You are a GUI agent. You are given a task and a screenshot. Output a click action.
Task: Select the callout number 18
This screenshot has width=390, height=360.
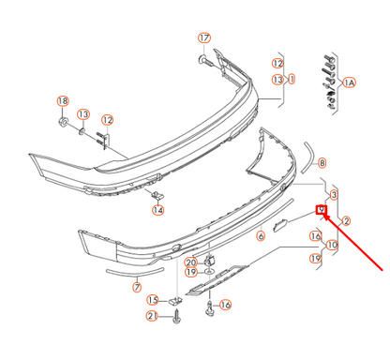[x=63, y=101]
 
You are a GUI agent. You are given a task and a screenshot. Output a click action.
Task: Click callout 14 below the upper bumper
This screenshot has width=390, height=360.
[x=157, y=210]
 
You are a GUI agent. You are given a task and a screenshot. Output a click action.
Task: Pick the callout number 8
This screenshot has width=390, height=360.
[x=321, y=162]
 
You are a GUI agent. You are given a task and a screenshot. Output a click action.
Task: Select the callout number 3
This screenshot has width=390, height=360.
[x=334, y=194]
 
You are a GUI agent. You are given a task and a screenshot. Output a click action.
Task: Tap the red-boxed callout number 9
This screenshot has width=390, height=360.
[x=320, y=209]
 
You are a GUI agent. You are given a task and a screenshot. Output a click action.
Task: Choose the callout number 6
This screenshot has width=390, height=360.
[x=261, y=237]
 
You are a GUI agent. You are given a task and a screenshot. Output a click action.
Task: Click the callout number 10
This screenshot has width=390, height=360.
[x=332, y=245]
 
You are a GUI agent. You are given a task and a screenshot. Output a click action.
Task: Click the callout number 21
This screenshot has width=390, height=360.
[x=151, y=317]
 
